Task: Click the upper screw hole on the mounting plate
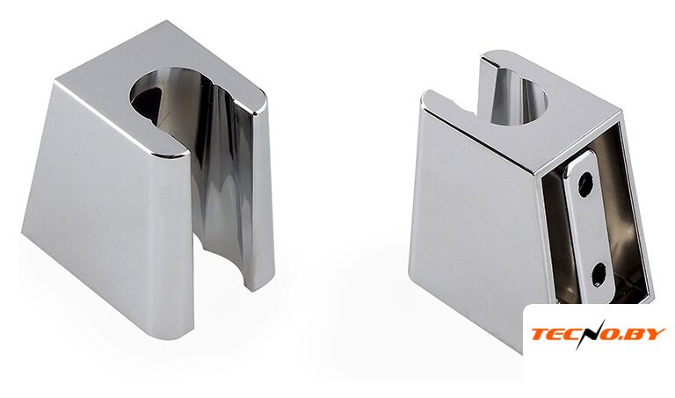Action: click(x=586, y=185)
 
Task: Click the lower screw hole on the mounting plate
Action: click(x=599, y=274)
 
